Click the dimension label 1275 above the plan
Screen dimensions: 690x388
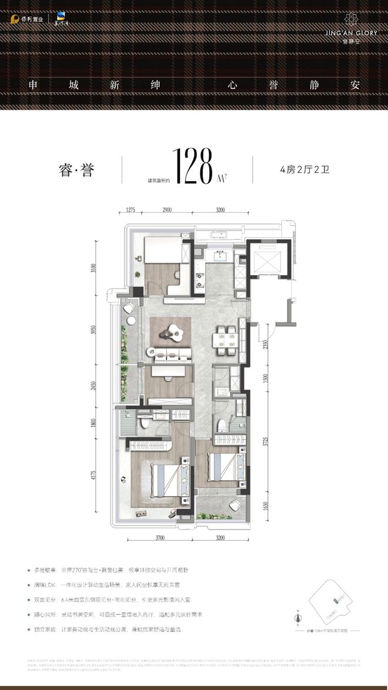[131, 210]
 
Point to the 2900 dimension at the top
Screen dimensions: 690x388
[167, 210]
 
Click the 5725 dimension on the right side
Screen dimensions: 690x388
[266, 438]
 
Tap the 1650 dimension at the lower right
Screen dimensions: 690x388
[266, 507]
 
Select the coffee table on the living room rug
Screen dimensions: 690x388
[174, 334]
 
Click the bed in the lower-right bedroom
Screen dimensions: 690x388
[224, 467]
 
